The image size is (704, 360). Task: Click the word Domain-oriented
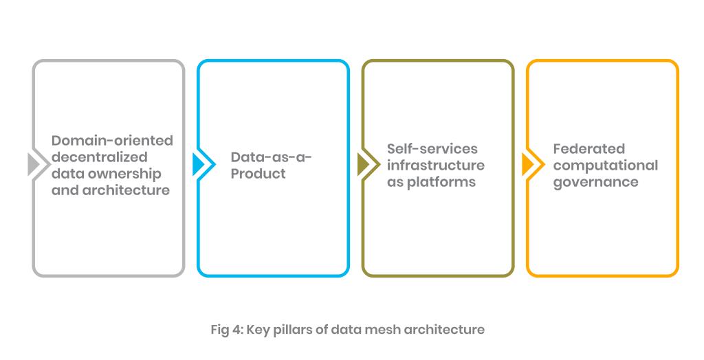(112, 141)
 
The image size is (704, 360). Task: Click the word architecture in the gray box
(127, 190)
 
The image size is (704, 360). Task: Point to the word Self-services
(432, 149)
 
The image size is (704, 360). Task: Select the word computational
(605, 166)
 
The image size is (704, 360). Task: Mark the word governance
(595, 182)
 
